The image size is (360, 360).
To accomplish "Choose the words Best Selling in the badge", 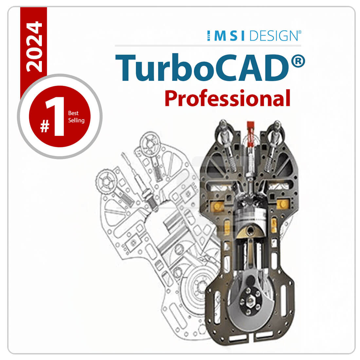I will tap(76, 117).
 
